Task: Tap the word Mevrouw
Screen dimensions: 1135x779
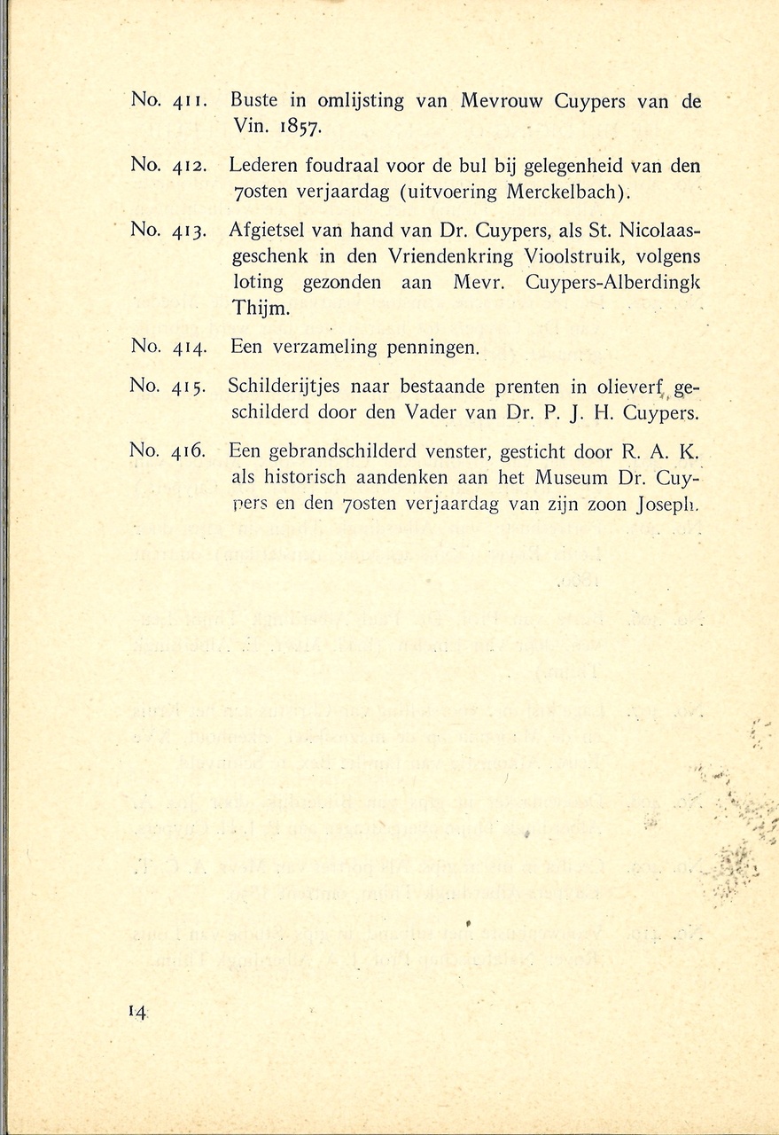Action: pos(503,101)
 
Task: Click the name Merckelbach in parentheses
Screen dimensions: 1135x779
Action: pos(565,191)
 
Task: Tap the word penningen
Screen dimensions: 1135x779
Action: pos(433,348)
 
